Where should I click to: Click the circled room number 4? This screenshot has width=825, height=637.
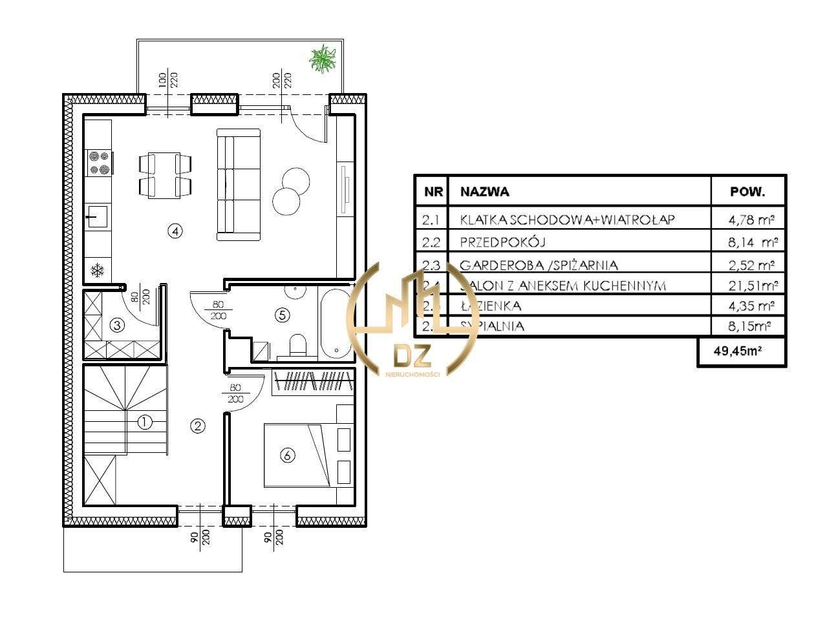tap(174, 231)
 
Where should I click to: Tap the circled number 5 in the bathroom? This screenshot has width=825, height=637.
tap(282, 315)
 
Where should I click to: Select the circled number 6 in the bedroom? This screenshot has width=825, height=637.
tap(287, 455)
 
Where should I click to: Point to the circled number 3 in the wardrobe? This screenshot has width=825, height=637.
tap(117, 325)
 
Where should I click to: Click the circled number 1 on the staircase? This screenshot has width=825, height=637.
tap(145, 422)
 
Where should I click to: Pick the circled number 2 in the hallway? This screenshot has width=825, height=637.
tap(198, 426)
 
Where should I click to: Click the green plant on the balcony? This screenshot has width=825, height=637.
tap(323, 59)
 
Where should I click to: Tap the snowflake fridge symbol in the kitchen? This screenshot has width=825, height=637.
tap(97, 270)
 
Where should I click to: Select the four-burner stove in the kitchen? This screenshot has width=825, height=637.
tap(99, 163)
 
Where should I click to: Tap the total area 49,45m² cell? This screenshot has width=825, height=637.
tap(741, 351)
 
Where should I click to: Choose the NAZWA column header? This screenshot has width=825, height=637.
tap(484, 192)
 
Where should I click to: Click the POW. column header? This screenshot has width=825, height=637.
tap(747, 192)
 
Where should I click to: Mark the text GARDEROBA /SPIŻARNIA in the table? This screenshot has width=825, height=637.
tap(539, 265)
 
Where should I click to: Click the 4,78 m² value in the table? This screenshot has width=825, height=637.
tap(752, 220)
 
